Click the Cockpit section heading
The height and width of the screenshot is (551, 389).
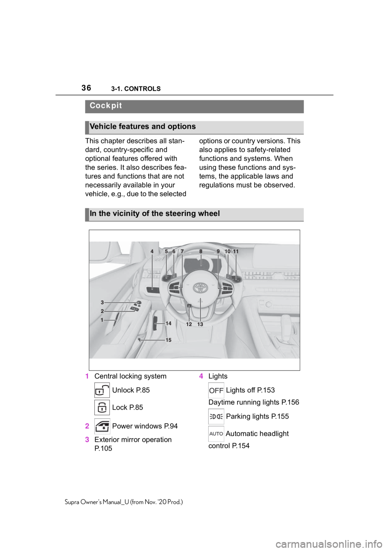click(x=106, y=106)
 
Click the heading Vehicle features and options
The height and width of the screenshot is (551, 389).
click(x=143, y=127)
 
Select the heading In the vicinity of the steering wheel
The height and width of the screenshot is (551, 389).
click(x=155, y=213)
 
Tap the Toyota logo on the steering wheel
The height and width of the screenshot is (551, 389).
click(x=200, y=287)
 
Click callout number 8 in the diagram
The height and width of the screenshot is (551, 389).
click(x=201, y=252)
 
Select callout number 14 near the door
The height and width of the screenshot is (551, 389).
click(x=169, y=323)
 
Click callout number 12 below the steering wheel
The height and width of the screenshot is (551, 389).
click(x=189, y=325)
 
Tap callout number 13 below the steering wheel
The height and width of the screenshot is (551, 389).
click(x=200, y=325)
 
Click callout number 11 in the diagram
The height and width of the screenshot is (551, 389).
click(x=236, y=252)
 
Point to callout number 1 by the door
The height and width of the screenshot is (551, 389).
click(x=103, y=320)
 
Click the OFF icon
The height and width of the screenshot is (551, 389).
click(x=216, y=390)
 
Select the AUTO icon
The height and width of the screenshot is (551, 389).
click(x=216, y=434)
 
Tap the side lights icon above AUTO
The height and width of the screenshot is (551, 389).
click(x=216, y=416)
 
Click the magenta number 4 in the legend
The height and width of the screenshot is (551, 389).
click(x=201, y=376)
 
